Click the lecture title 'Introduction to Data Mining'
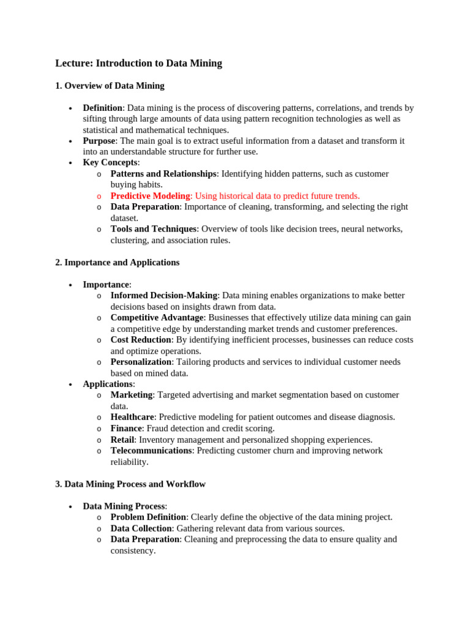(159, 63)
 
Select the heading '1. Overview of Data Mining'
(110, 86)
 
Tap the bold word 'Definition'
(102, 108)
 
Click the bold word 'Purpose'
(99, 141)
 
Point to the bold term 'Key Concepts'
(110, 163)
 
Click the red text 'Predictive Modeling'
(150, 196)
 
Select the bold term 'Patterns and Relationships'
(163, 174)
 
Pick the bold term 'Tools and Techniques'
(153, 229)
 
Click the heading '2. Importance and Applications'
(117, 262)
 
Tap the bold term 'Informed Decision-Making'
(164, 296)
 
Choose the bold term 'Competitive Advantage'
(157, 318)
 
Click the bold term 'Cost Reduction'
(141, 340)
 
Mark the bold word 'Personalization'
(141, 362)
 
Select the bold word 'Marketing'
(131, 395)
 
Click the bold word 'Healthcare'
(132, 417)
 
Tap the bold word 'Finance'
(126, 428)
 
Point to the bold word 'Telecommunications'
(151, 451)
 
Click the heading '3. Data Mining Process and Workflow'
(130, 484)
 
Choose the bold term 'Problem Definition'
(148, 517)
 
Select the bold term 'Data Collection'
(141, 528)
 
